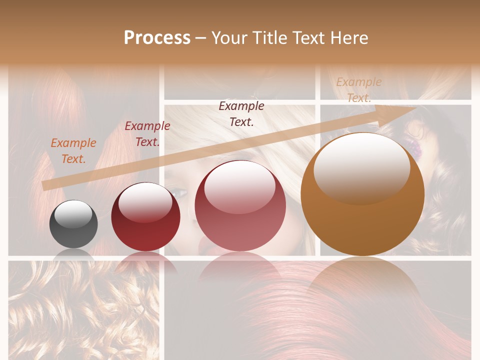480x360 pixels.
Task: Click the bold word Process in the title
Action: point(157,38)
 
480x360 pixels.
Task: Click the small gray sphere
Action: point(73,224)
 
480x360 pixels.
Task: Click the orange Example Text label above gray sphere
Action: point(73,150)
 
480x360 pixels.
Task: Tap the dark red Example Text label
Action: point(147,133)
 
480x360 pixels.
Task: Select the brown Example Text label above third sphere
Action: point(241,113)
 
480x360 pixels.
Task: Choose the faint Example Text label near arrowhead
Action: point(358,90)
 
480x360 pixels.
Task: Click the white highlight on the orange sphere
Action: point(361,167)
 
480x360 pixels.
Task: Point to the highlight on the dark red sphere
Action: point(145,201)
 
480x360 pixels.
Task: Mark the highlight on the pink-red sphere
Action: point(240,186)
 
